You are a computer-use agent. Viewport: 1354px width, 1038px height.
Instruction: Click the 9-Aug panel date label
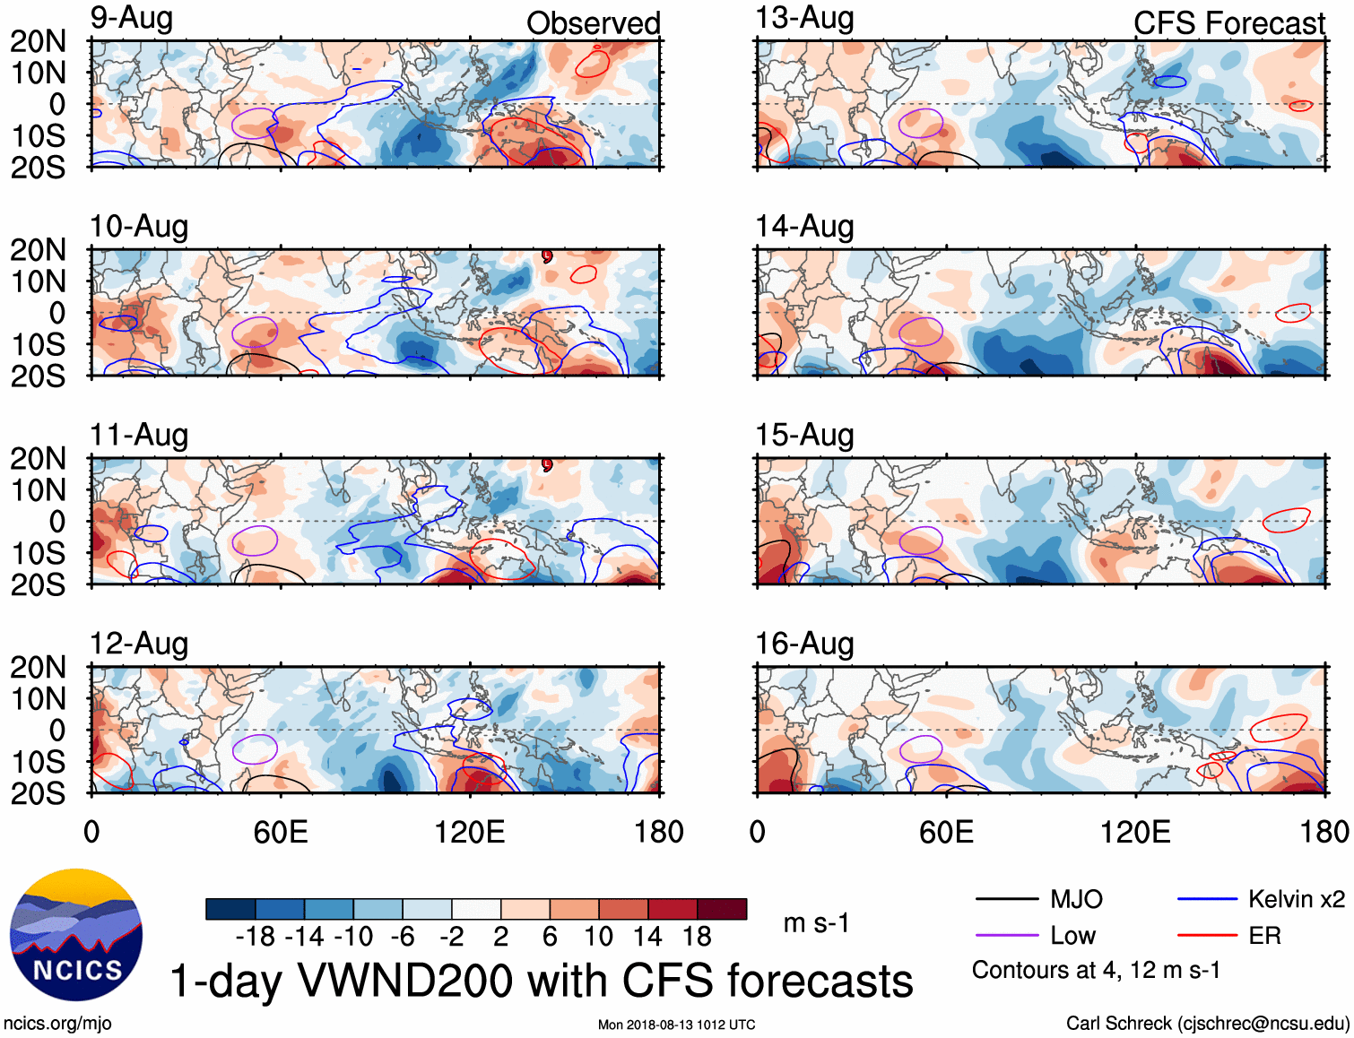pos(131,18)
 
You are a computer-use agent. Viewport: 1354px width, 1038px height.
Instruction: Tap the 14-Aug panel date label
pos(804,227)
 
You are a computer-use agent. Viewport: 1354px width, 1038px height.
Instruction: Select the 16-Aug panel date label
pos(804,644)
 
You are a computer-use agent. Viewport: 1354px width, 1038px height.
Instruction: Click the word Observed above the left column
pos(593,23)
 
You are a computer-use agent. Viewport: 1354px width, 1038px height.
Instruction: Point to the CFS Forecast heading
pos(1228,23)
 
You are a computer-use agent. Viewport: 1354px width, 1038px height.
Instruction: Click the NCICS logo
pos(76,935)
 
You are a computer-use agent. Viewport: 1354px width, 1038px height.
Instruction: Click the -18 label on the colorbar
pos(256,937)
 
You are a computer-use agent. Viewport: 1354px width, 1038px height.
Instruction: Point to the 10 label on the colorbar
pos(598,937)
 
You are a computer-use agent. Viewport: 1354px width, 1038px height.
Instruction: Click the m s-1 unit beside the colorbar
pos(816,923)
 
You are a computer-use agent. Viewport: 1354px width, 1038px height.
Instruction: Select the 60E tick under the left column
pos(281,832)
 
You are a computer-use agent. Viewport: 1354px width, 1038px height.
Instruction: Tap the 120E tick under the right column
pos(1135,832)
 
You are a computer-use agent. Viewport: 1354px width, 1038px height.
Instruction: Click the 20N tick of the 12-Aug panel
pos(38,667)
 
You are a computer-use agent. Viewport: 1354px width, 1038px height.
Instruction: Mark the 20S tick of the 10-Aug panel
pos(38,376)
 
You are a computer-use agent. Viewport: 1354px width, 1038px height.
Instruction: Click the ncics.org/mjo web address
pos(57,1024)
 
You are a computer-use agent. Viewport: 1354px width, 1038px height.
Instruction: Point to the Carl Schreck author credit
pos(1207,1024)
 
